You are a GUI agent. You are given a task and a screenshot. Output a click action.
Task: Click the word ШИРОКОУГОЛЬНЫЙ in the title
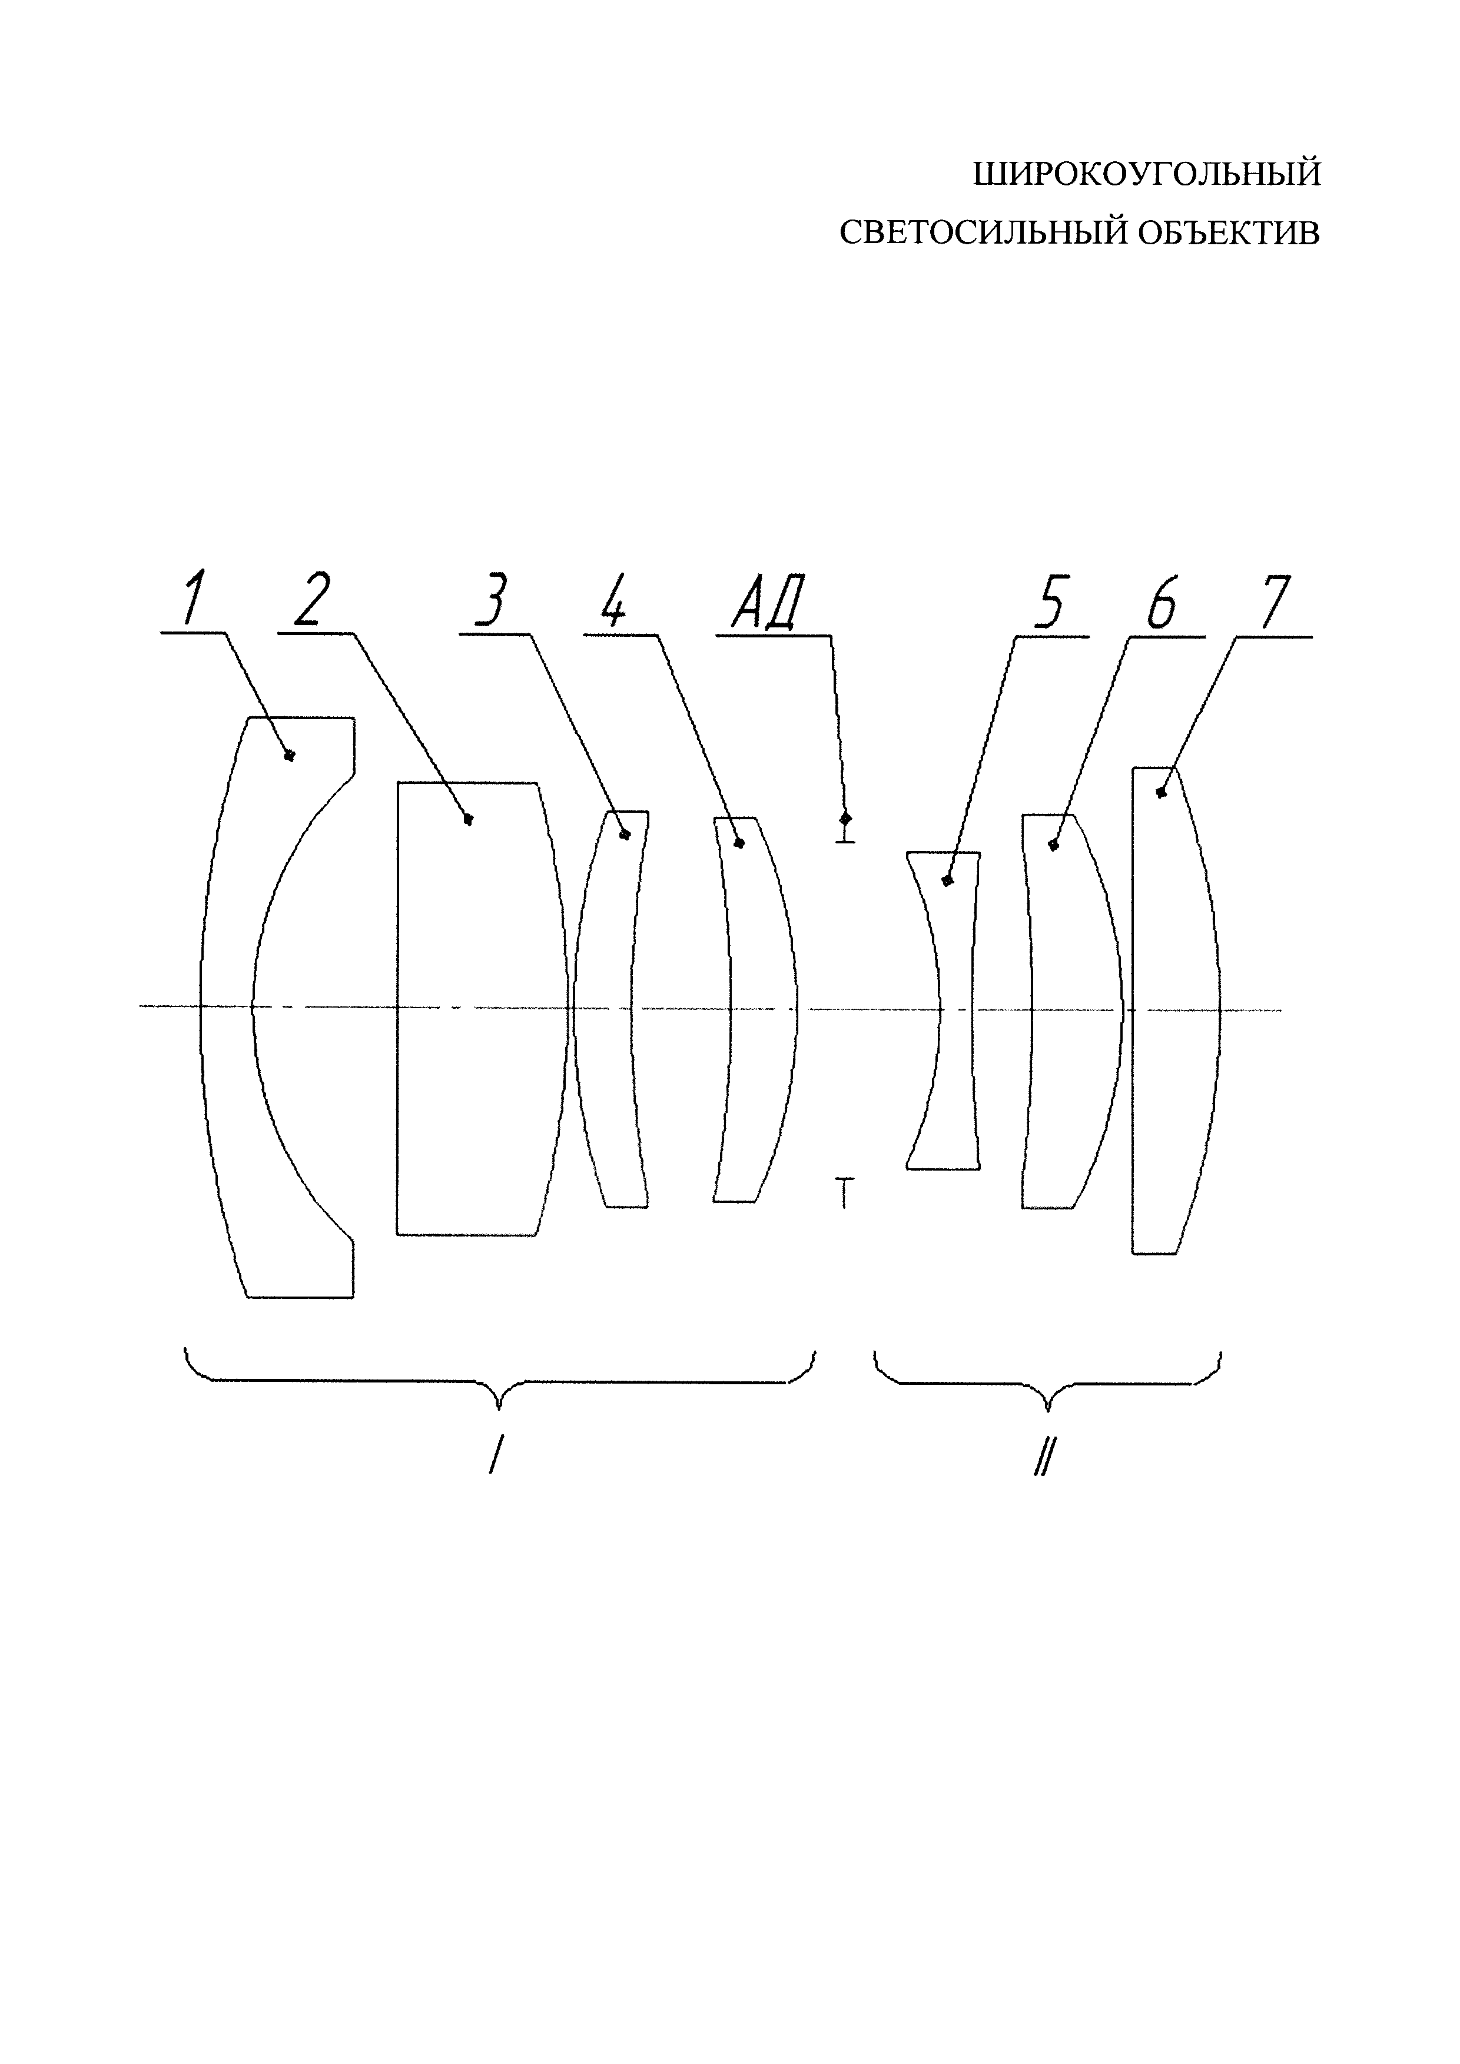pos(1147,174)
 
